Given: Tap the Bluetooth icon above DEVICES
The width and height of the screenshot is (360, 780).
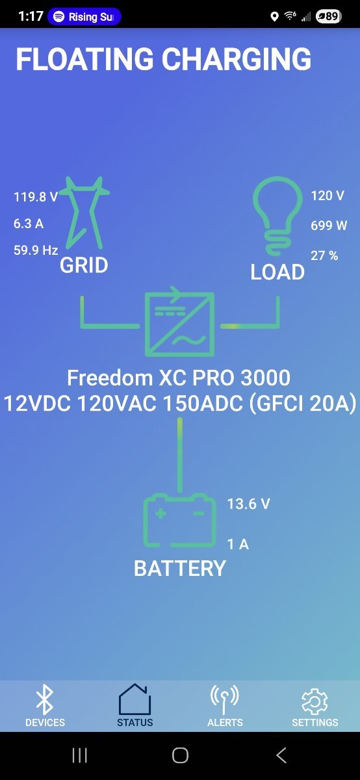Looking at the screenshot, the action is point(45,699).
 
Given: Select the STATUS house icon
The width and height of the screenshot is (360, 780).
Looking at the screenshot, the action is point(135,699).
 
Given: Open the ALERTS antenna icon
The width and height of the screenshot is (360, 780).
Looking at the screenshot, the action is point(225,699).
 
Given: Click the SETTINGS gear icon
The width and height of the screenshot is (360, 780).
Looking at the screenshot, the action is point(315,701).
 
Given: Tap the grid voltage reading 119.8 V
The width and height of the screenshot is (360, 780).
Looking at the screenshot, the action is point(36,197).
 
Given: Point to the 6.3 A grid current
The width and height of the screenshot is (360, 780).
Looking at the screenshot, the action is point(29,224).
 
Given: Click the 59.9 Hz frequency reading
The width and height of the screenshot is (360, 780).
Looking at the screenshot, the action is point(36,250).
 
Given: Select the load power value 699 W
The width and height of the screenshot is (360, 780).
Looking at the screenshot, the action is point(329,226).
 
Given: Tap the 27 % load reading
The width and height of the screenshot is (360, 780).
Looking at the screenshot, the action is point(324,255).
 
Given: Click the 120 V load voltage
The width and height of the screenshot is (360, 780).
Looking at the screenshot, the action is point(328,196).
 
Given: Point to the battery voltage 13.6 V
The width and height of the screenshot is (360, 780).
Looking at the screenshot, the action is point(249,504).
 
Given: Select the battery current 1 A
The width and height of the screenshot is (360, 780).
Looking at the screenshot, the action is point(238,544).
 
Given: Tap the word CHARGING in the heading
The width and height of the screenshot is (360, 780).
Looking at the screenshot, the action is point(237,59).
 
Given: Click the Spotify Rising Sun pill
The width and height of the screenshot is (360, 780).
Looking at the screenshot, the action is point(84,17).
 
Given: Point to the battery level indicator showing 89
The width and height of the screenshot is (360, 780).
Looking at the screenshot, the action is point(328,16).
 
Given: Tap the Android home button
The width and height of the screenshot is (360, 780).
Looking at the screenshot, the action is point(181,755).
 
